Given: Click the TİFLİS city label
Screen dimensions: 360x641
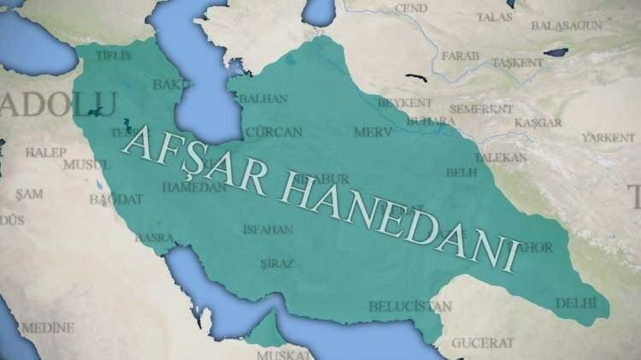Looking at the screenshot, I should pos(114,56).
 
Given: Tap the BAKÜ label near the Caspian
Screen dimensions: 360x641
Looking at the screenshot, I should pos(168,84).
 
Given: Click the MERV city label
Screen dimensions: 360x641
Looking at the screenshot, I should pos(372,133).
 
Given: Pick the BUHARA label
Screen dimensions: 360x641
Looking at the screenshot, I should pos(431,121).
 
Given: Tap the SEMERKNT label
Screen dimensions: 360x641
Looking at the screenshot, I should pos(481,109).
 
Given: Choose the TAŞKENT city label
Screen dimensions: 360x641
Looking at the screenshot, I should pos(517,63).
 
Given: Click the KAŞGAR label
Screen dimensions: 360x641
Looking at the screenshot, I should pos(538,123).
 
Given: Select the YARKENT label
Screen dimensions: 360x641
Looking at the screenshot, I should pos(609,138).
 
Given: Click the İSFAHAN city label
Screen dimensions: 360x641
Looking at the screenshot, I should pos(268,229).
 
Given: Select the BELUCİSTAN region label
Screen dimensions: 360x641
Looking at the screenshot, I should pos(410,305).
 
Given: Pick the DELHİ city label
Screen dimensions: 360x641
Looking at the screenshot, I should pos(574,303).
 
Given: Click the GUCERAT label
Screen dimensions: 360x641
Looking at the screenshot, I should pos(483,343).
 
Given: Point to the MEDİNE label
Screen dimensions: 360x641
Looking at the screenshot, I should pos(48,328).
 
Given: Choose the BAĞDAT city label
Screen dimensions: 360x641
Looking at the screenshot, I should pos(116,199).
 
